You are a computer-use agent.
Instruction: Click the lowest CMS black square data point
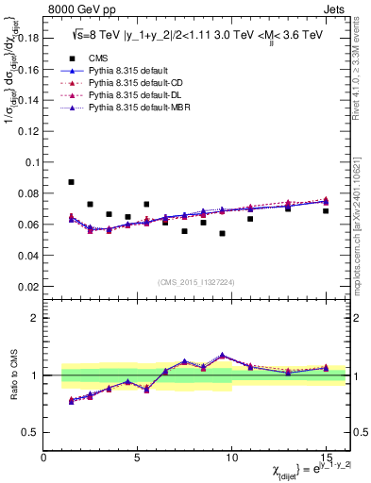(x=222, y=233)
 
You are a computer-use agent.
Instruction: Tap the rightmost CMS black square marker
(x=326, y=210)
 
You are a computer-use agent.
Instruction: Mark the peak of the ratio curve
(x=222, y=355)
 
